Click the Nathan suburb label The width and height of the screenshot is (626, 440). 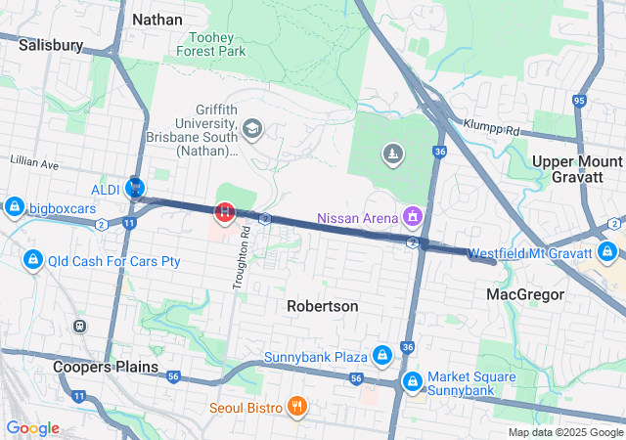coord(157,19)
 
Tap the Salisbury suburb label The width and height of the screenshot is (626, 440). coord(51,45)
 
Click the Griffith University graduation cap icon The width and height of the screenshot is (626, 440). coord(252,128)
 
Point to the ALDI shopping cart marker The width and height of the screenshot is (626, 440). coord(136,186)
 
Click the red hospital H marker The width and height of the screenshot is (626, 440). coord(226,210)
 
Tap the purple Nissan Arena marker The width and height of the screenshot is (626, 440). coord(413,215)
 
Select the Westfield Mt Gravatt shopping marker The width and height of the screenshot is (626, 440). coord(609,252)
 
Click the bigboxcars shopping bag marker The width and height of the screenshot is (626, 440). coord(14,207)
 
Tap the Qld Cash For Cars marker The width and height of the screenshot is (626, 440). coord(33,260)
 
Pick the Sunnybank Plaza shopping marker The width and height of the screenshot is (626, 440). coord(382,354)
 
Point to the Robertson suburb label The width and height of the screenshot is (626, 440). coord(322,306)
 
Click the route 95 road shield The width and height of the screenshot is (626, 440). coord(579,101)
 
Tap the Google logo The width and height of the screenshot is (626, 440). coord(32,428)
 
